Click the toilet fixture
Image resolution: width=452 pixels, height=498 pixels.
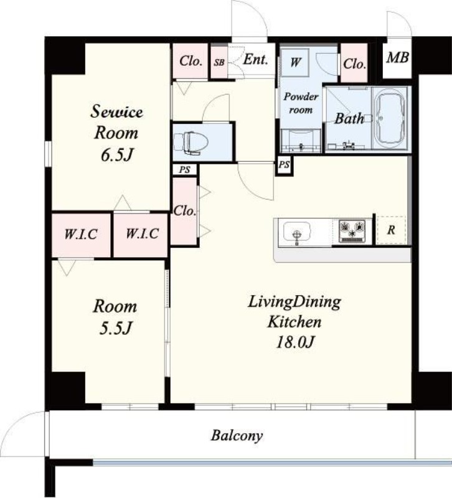click(191, 143)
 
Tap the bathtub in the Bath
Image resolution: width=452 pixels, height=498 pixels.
click(390, 119)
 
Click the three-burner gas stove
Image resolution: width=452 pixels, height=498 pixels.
click(352, 231)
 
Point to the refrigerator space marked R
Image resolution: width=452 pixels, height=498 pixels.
click(391, 230)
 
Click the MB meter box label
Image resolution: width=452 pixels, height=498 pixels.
click(397, 57)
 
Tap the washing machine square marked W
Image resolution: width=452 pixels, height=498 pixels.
click(295, 62)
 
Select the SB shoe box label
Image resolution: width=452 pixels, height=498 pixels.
click(219, 63)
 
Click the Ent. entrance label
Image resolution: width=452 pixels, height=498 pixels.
click(255, 59)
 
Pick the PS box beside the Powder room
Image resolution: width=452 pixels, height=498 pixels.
click(285, 165)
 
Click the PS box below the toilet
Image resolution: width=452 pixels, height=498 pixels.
click(184, 169)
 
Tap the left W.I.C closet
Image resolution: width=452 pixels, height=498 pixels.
click(82, 235)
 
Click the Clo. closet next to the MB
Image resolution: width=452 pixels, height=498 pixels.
click(354, 63)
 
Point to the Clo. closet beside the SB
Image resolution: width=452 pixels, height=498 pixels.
click(191, 61)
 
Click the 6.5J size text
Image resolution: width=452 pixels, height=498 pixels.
click(116, 155)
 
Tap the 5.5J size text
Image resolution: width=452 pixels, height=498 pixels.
click(115, 329)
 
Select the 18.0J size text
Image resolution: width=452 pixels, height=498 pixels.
click(295, 342)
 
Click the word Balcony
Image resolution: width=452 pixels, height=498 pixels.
click(237, 436)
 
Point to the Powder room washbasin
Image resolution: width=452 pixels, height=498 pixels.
click(301, 141)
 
